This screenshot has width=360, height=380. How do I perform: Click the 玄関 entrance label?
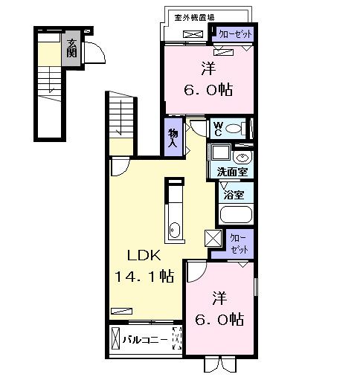click(x=71, y=49)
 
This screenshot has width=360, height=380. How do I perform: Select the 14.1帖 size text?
click(x=144, y=277)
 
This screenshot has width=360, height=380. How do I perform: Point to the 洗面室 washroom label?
click(x=231, y=172)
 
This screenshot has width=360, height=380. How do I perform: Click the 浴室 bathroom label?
click(x=233, y=195)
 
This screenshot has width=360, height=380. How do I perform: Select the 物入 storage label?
click(x=173, y=138)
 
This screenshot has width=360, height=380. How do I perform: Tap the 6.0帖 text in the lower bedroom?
click(x=219, y=318)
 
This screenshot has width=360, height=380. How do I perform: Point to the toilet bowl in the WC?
click(x=234, y=129)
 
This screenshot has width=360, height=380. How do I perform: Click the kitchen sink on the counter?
click(x=173, y=230)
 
